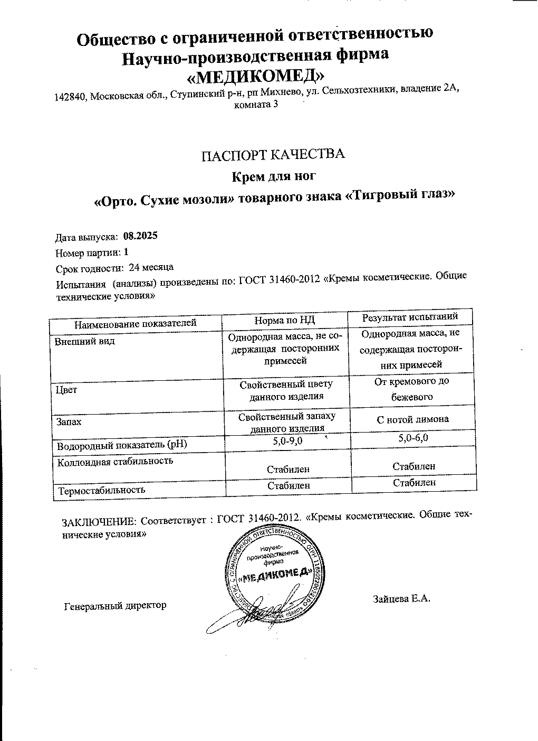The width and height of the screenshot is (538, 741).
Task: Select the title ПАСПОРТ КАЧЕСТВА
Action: point(274,154)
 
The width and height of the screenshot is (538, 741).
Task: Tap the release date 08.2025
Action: point(140,236)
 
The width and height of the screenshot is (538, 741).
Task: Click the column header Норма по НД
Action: point(284,320)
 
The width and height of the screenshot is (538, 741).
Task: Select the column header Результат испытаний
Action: point(409,317)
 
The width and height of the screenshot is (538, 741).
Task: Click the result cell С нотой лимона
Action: point(412,419)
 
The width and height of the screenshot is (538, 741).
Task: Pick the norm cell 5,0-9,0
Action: point(288,441)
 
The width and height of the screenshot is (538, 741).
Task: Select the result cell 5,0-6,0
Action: point(413,438)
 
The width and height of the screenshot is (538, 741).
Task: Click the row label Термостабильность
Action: point(102,490)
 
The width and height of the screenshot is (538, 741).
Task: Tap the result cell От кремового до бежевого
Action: point(411,389)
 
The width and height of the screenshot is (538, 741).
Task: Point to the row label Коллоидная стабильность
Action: point(116,461)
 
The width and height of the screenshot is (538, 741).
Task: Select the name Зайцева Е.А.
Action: point(402,599)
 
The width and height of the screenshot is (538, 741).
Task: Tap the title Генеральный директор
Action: point(115,606)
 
